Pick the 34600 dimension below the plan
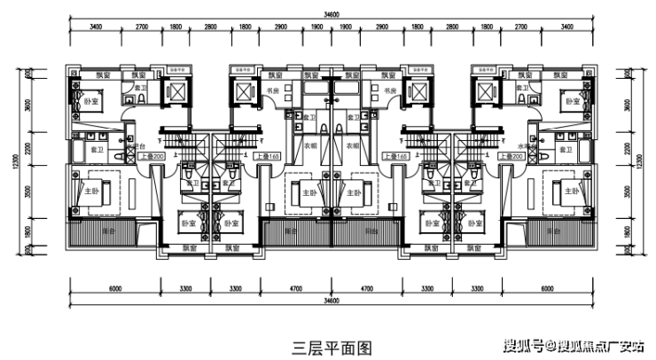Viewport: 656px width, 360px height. point(332,301)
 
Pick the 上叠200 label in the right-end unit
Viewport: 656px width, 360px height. point(512,157)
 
